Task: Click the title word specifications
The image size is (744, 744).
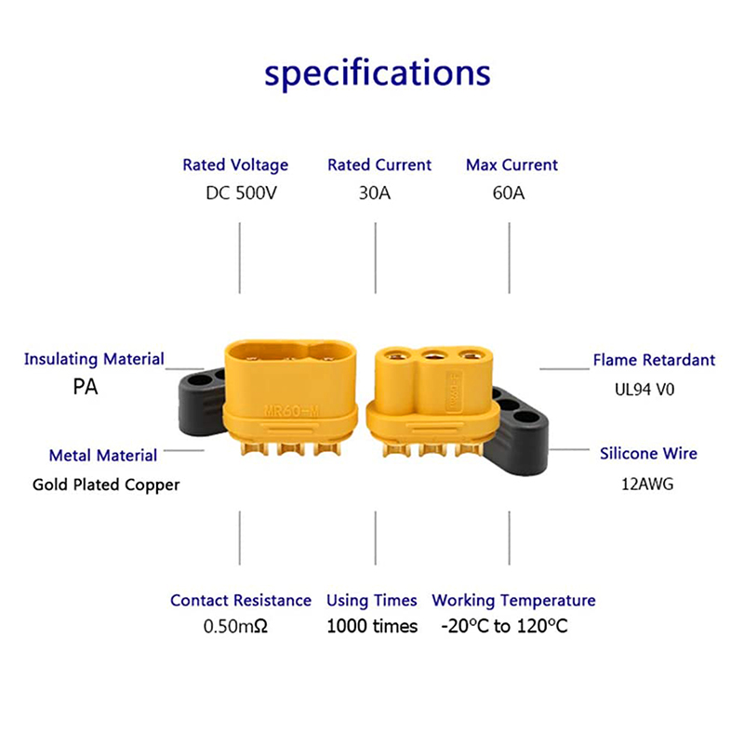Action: tap(378, 74)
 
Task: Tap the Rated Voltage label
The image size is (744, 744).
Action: tap(235, 166)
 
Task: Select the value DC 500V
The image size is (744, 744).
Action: tap(241, 193)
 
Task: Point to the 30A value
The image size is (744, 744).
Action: tap(375, 193)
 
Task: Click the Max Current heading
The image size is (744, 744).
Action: tap(511, 165)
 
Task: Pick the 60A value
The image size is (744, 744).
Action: tap(509, 193)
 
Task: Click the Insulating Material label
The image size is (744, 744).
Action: tap(94, 359)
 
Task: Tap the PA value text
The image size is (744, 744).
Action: tap(86, 387)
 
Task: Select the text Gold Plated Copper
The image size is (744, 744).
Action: tap(106, 485)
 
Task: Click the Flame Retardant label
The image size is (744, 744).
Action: tap(654, 360)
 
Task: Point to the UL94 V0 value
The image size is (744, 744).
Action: tap(644, 390)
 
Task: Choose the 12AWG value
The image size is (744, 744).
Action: tap(647, 484)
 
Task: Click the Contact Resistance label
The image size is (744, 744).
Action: tap(241, 600)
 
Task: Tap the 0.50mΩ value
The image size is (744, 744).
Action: tap(235, 626)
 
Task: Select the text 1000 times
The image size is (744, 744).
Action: tap(372, 626)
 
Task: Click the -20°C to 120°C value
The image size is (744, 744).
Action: tap(504, 626)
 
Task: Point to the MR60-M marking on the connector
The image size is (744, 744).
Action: tap(291, 410)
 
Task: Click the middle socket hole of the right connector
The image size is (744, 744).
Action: tap(433, 355)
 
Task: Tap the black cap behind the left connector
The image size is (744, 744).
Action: tap(202, 401)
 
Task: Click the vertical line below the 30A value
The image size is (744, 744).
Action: tap(376, 258)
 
